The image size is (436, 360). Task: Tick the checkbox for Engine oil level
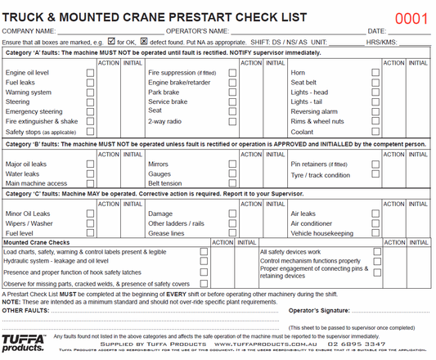[x=91, y=73]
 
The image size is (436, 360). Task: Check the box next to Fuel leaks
[x=91, y=83]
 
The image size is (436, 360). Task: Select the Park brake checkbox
[x=233, y=92]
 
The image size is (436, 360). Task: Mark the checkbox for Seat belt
[x=376, y=83]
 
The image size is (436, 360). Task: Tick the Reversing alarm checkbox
[x=376, y=111]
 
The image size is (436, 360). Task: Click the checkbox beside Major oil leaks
[x=91, y=164]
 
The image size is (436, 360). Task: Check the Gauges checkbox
[x=233, y=174]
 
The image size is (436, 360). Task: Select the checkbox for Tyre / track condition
[x=376, y=175]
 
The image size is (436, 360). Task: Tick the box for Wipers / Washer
[x=91, y=223]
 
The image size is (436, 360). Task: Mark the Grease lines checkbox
[x=233, y=233]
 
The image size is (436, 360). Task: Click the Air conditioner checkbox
[x=376, y=223]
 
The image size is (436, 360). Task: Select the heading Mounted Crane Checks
[x=37, y=242]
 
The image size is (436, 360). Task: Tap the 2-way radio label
[x=164, y=121]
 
